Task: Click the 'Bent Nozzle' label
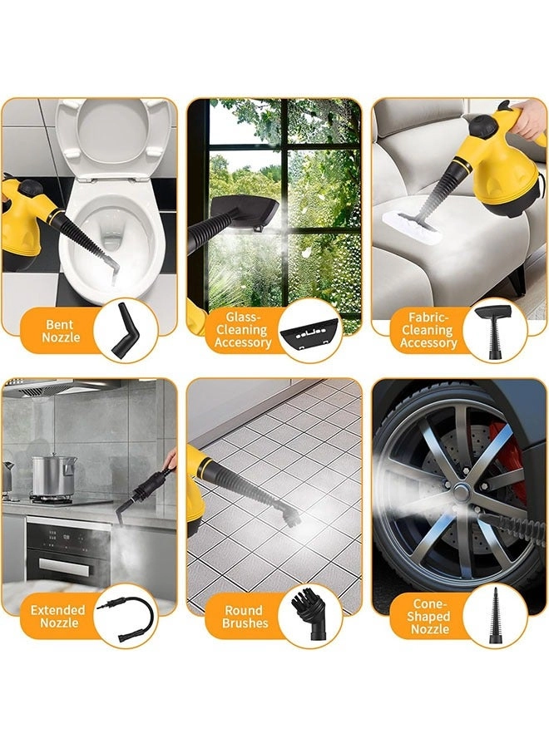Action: pos(61,331)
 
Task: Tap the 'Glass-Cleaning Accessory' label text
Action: pos(243,330)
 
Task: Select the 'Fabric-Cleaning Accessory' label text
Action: pos(428,330)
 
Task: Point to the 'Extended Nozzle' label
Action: pos(57,617)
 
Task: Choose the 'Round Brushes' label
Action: pos(245,617)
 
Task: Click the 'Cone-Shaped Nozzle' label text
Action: pos(429,617)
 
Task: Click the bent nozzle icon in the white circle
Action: pos(124,332)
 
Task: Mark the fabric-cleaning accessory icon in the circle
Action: pos(494,330)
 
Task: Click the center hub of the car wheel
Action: pos(461,490)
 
